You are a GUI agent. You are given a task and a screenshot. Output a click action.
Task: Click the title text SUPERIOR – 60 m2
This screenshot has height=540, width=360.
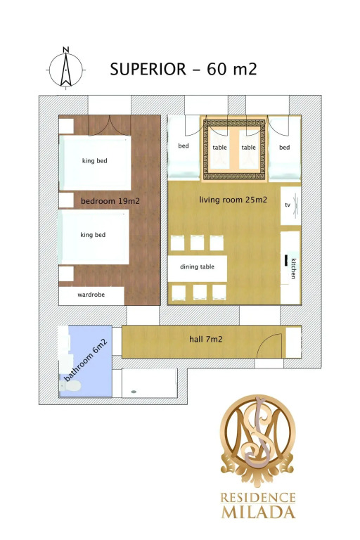pos(184,69)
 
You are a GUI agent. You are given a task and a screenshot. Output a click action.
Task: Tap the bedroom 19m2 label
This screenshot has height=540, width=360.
pos(110,201)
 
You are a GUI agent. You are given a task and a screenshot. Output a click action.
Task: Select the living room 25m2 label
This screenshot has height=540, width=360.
pos(233,200)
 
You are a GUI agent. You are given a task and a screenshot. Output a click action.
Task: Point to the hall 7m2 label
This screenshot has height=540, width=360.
pos(206,339)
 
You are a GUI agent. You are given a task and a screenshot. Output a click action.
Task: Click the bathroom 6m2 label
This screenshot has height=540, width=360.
pos(86,360)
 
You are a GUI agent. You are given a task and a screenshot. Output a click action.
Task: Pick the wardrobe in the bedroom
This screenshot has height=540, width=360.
pos(91,295)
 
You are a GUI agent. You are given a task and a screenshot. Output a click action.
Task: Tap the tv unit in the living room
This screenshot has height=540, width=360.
pos(291,205)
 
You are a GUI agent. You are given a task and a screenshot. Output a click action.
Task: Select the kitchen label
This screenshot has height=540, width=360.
pos(293,269)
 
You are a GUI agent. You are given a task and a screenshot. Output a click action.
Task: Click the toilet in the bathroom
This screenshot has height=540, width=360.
pos(70,386)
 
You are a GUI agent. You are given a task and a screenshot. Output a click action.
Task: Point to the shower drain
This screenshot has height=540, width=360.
pos(134,392)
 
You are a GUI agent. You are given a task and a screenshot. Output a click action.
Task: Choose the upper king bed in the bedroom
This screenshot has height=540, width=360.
pos(95,162)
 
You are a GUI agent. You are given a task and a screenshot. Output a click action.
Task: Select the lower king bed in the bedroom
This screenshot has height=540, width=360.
pos(94,237)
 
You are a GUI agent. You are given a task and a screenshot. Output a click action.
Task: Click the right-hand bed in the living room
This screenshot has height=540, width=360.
pos(285,148)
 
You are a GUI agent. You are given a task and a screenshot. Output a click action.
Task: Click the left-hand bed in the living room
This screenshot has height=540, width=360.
pos(184,148)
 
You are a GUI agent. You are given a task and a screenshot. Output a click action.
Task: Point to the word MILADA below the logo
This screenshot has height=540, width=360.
pos(258,512)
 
